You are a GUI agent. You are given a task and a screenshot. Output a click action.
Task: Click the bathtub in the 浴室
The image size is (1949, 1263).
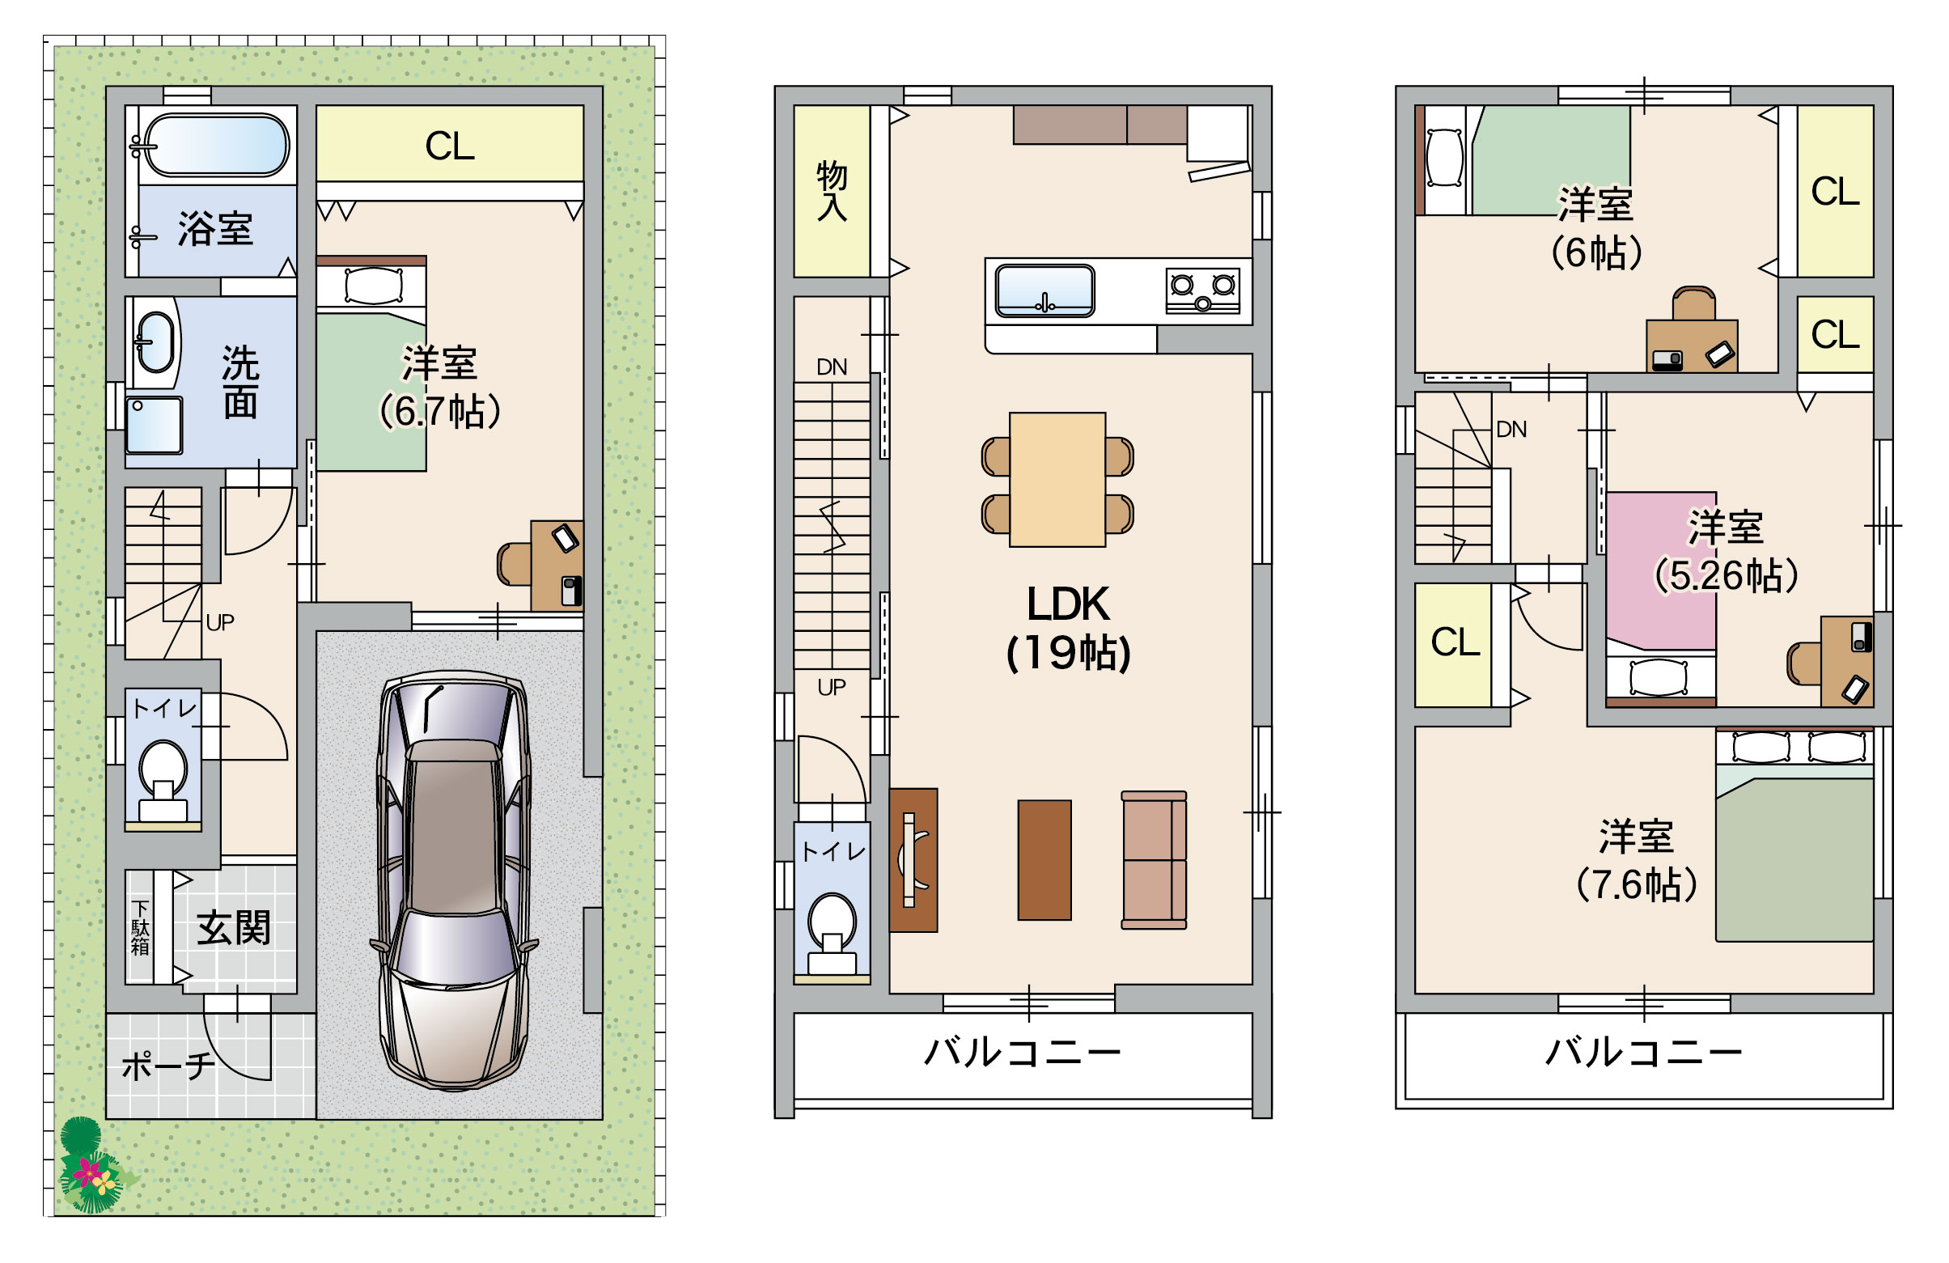pos(216,145)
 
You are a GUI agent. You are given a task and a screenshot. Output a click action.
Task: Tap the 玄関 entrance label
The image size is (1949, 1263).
pos(233,928)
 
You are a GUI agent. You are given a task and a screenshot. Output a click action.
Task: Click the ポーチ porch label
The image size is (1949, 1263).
pos(169,1065)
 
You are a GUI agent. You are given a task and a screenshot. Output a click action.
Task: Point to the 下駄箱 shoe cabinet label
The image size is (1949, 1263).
pos(140,928)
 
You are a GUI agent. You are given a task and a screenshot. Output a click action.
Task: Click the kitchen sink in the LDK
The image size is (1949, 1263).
pos(1044,290)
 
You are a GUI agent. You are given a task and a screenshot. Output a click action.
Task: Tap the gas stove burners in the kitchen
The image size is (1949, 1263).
pos(1202,290)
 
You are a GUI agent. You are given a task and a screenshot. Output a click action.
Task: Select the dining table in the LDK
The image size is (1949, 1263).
pos(1057,479)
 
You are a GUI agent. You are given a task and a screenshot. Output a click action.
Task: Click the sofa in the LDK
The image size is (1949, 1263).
pos(1154,860)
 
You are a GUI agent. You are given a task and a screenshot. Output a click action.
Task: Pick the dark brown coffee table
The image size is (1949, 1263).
pos(1044,860)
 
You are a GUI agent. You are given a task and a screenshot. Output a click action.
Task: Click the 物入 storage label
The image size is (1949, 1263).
pos(831,191)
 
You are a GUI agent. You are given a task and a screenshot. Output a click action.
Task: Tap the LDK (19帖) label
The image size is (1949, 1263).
pos(1068,628)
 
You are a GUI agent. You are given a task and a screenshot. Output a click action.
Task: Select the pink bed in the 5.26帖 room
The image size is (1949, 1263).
pos(1661,599)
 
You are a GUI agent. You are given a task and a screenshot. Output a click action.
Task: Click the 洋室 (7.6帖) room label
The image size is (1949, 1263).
pos(1636,860)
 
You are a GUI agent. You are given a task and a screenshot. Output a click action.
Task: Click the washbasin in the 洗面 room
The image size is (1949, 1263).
pos(155,342)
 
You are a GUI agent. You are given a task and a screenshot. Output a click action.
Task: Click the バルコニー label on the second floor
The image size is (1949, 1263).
pos(1023,1052)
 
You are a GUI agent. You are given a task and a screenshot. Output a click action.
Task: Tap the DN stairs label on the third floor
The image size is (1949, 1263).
pos(1510,429)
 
